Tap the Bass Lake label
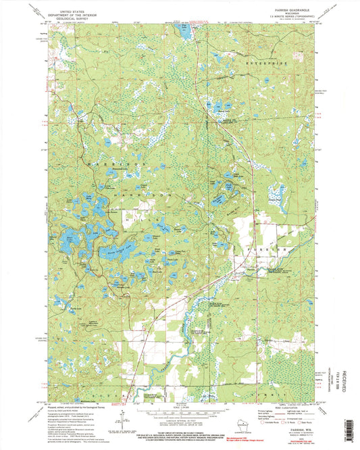point(70,238)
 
